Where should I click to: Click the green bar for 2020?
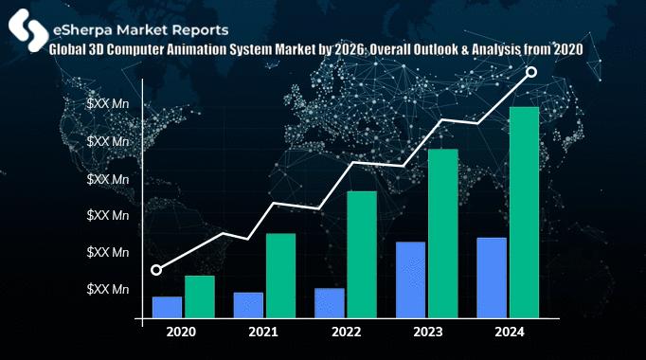point(200,297)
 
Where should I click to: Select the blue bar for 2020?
point(168,308)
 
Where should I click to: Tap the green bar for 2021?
point(280,276)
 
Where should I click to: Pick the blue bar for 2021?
point(248,306)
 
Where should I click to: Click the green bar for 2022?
point(362,255)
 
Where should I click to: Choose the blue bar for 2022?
point(330,304)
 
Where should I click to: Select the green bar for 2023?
point(443,234)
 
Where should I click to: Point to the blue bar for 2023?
point(411,280)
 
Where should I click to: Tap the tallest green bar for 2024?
point(524,213)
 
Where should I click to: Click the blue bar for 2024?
point(492,279)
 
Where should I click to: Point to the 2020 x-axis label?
point(181,333)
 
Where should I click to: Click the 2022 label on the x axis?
point(346,333)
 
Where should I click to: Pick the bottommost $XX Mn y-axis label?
point(108,288)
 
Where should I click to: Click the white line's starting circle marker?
point(156,270)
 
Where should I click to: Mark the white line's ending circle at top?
point(531,72)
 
